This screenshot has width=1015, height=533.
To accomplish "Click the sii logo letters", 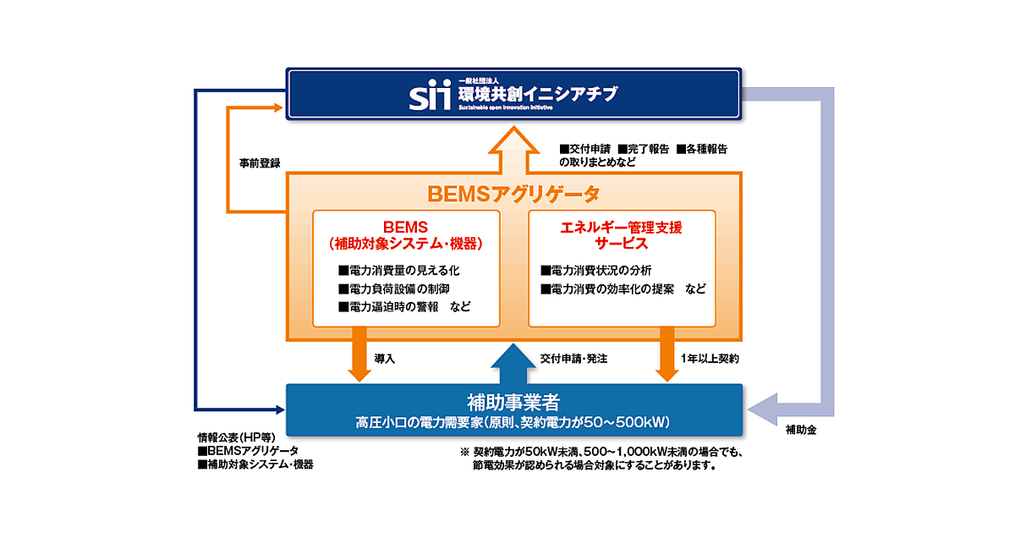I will [x=431, y=95].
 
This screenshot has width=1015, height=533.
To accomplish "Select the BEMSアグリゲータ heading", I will [x=513, y=194].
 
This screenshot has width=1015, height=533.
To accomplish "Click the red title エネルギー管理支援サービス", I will [x=621, y=235].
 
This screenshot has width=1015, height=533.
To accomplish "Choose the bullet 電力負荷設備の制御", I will [x=398, y=288].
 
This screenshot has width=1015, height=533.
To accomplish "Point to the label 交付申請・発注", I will [x=573, y=359].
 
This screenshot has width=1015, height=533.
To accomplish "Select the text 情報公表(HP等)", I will [x=232, y=437].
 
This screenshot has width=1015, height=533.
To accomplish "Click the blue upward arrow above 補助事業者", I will [x=513, y=362].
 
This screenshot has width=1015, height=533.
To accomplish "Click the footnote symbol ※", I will [x=464, y=452].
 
